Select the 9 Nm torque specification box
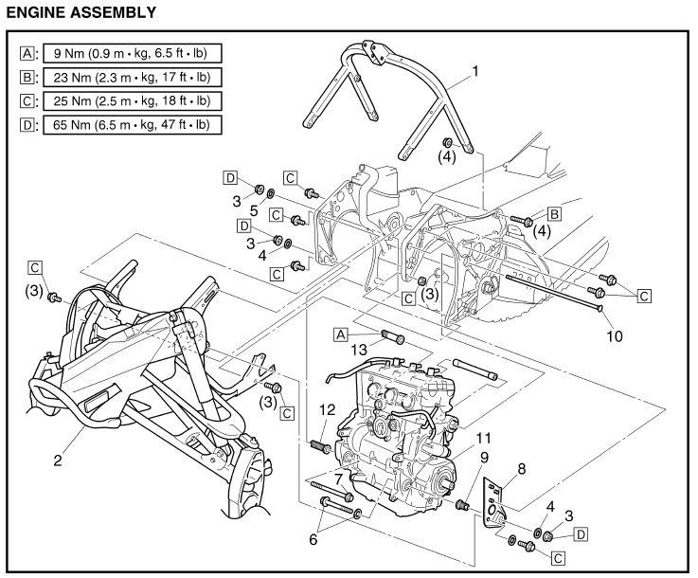click(x=126, y=54)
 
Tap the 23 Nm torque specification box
click(x=126, y=77)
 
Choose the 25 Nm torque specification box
click(x=126, y=100)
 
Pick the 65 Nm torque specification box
click(x=126, y=124)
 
